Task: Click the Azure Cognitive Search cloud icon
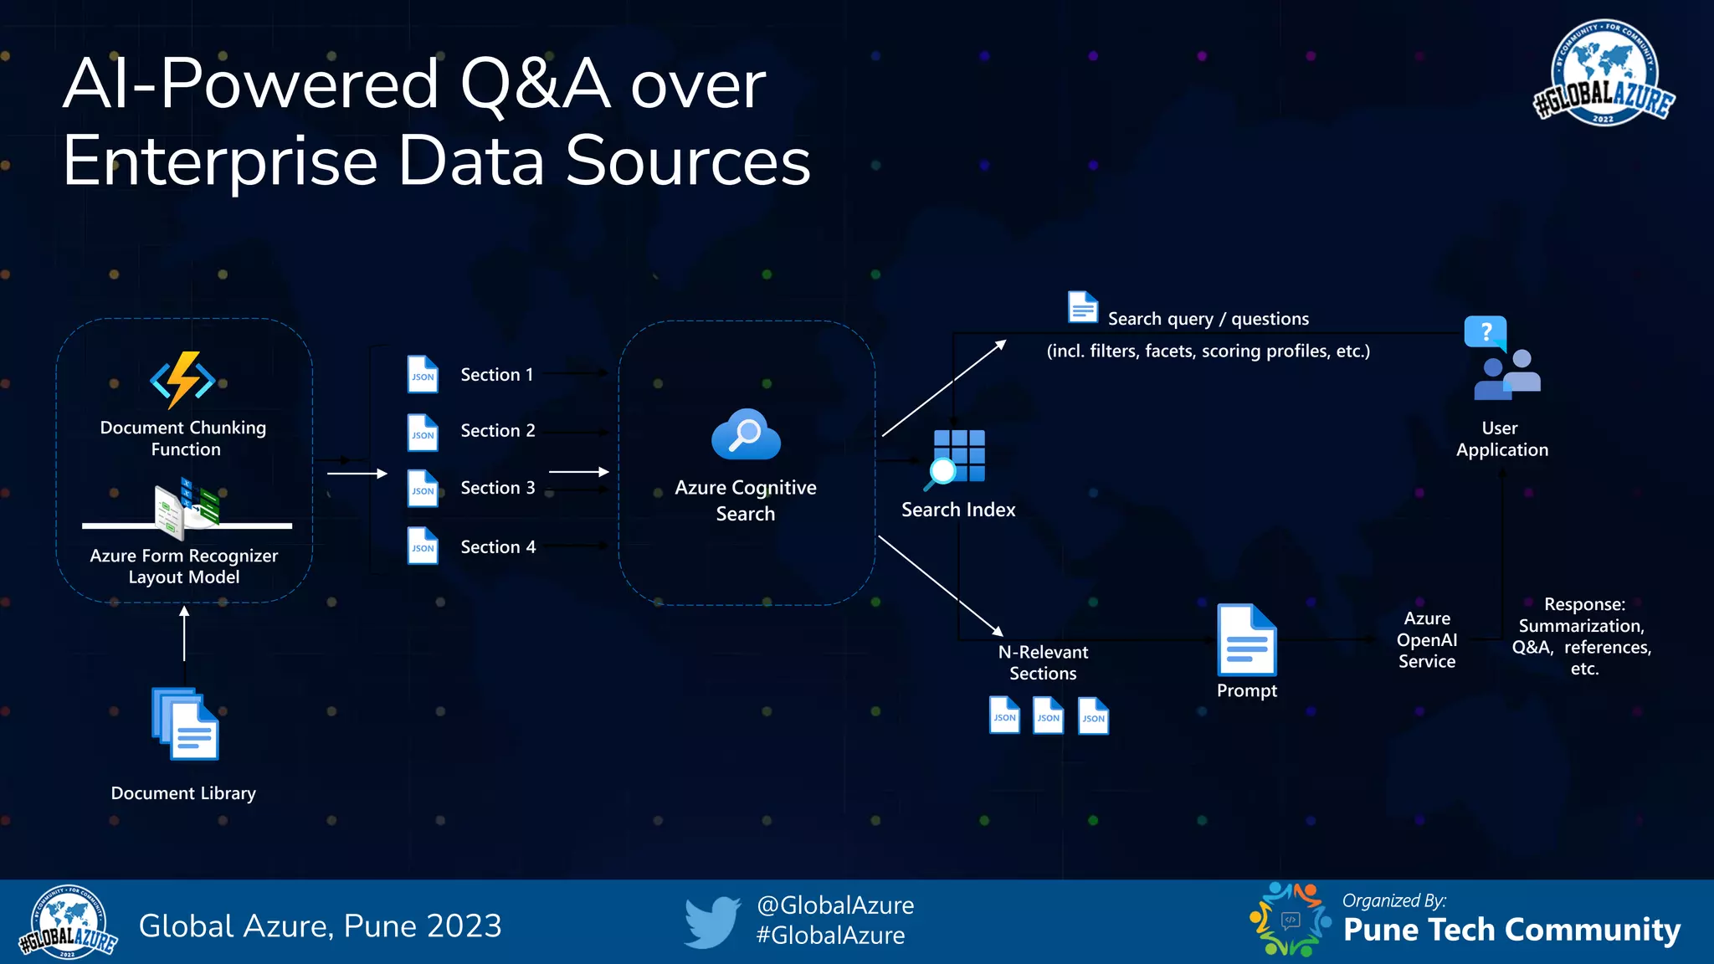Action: coord(746,435)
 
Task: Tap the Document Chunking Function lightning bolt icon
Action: coord(183,380)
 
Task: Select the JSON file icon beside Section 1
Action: coord(423,374)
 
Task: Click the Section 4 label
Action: coord(498,547)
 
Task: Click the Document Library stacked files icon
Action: coord(185,724)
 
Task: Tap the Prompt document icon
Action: coord(1246,640)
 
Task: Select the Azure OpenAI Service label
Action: coord(1427,640)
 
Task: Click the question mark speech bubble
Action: coord(1486,333)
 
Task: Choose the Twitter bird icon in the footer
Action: coord(712,922)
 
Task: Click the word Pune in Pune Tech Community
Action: coord(1380,930)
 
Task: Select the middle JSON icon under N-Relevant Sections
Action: coord(1048,716)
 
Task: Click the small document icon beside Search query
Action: coord(1083,307)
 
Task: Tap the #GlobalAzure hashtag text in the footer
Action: coord(830,936)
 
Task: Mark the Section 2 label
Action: coord(498,431)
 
